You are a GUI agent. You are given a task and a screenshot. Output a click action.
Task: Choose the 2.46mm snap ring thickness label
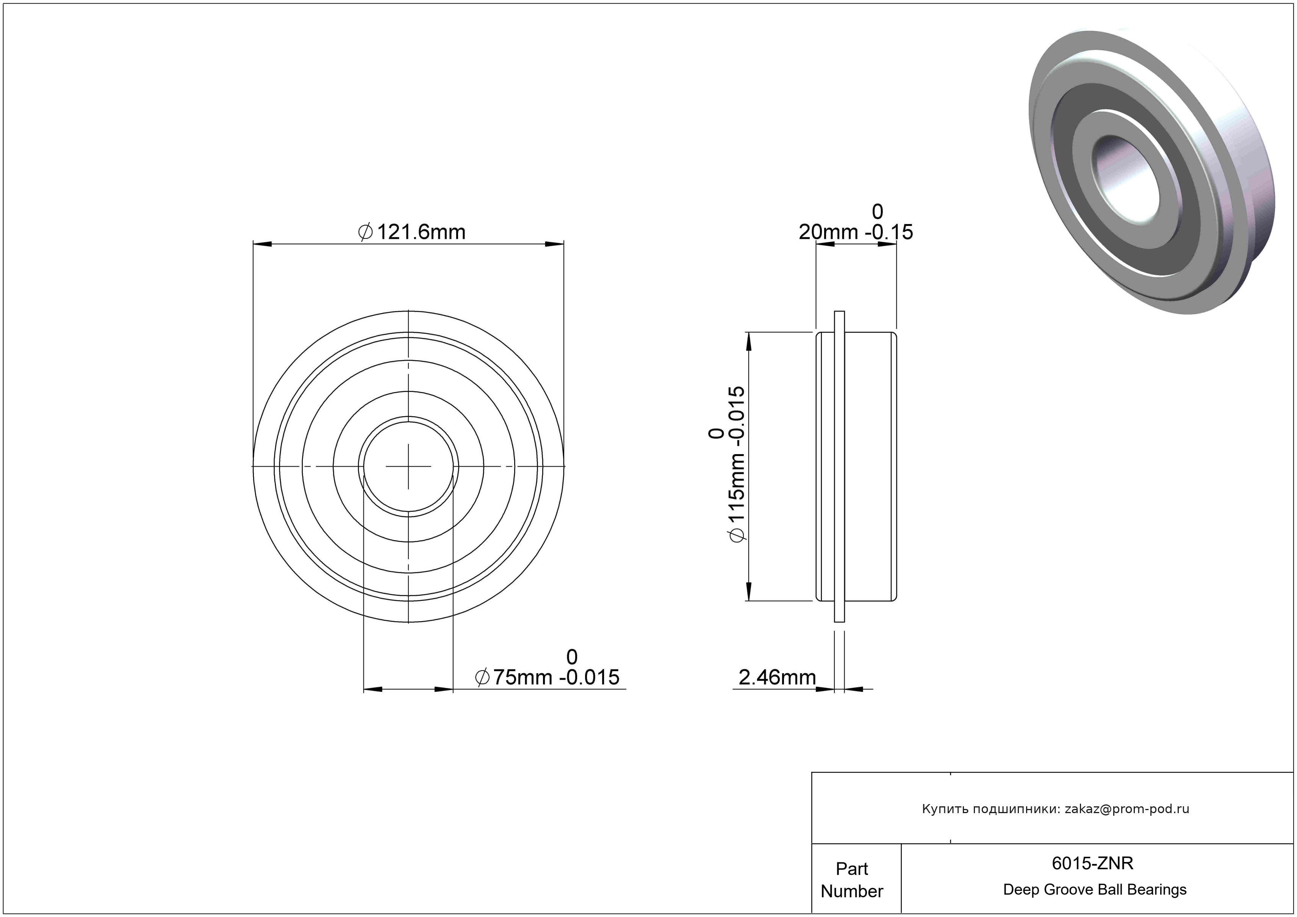777,677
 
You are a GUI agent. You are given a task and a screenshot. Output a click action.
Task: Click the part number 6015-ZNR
1092,863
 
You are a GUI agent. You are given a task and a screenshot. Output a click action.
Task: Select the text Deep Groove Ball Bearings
1095,889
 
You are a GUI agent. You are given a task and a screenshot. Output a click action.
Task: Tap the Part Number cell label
852,880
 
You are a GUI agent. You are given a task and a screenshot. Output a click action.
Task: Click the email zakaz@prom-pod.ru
1127,809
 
